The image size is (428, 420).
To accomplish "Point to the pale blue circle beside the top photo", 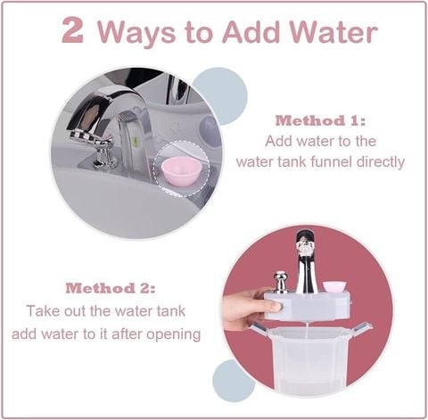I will point(218,95).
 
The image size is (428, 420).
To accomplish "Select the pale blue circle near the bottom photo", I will point(234,379).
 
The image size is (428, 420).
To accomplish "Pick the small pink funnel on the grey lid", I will point(334,286).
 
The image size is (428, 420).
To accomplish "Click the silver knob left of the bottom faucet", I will point(280,281).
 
